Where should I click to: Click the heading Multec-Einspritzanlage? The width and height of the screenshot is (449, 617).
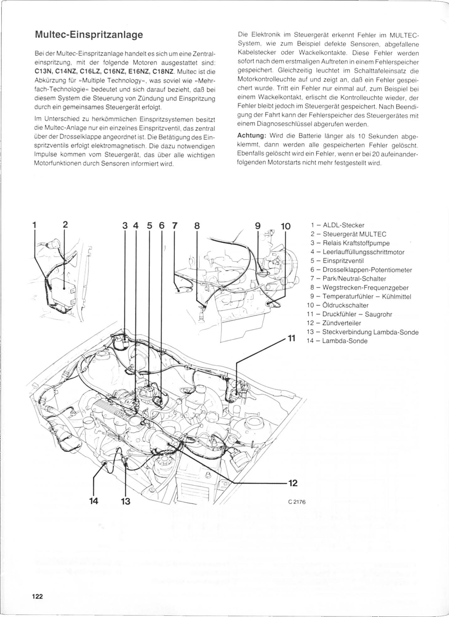[89, 34]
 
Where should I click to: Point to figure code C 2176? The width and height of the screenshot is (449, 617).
[297, 502]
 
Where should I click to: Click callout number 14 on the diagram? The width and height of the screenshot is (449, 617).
[93, 501]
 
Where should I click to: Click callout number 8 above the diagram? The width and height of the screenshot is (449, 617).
[197, 226]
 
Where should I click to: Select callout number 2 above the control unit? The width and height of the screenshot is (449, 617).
[65, 225]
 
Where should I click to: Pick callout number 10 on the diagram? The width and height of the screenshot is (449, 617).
[286, 226]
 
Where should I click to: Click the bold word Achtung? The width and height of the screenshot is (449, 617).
[252, 136]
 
